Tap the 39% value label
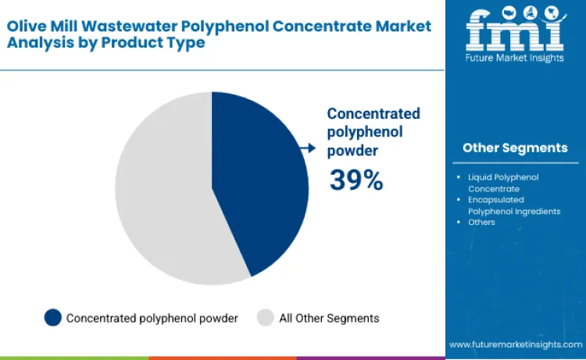(x=356, y=180)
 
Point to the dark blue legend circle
(x=53, y=318)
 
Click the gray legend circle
(x=266, y=318)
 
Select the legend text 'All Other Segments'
(x=329, y=318)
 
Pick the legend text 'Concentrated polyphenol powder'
(x=152, y=318)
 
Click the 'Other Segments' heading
(x=515, y=148)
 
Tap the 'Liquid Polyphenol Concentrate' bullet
(x=502, y=183)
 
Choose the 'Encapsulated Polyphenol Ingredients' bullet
(x=513, y=205)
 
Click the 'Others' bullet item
(x=481, y=223)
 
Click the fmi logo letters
(x=515, y=30)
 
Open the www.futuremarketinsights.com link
(x=515, y=344)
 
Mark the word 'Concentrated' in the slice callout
(x=373, y=113)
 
